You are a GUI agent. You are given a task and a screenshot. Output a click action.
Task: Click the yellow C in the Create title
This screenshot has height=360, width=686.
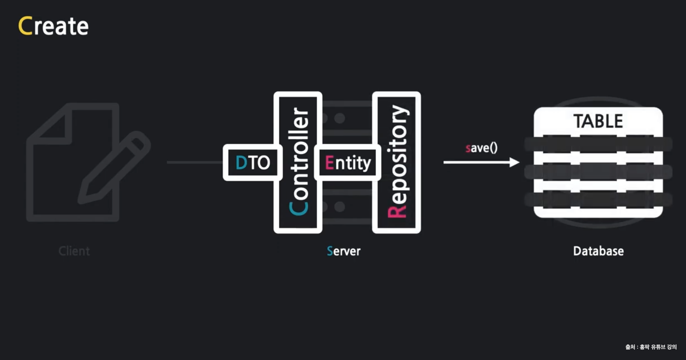[26, 26]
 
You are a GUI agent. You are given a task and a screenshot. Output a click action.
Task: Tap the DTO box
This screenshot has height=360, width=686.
[252, 163]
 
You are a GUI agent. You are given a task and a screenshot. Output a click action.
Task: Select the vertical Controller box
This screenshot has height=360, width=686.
[298, 162]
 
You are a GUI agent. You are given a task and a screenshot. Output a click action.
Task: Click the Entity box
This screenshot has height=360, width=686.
[348, 163]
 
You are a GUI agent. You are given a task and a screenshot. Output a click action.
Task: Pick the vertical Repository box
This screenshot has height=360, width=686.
[397, 162]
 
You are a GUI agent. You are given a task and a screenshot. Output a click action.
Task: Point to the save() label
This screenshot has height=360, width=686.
[481, 148]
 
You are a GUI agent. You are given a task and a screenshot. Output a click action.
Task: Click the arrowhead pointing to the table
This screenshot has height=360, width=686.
[514, 162]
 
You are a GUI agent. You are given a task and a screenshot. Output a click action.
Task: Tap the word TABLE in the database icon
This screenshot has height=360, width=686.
[598, 121]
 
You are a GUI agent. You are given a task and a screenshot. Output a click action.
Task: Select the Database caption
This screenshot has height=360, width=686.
[598, 251]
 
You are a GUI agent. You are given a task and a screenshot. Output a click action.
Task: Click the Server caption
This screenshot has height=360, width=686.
[344, 251]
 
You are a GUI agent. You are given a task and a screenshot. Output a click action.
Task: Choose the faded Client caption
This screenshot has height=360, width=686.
[74, 251]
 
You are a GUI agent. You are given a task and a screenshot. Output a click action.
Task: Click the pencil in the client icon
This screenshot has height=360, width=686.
[115, 167]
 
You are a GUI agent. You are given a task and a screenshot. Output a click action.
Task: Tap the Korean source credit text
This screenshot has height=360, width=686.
[651, 347]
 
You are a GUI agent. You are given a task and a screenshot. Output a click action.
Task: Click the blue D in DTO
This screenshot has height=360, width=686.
[241, 163]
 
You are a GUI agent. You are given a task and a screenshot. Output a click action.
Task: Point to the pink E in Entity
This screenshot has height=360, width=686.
[329, 163]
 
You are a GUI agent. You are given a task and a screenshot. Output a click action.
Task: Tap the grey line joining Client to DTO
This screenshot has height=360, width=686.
[194, 162]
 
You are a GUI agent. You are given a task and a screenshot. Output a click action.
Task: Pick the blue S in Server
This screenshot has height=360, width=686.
[330, 251]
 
